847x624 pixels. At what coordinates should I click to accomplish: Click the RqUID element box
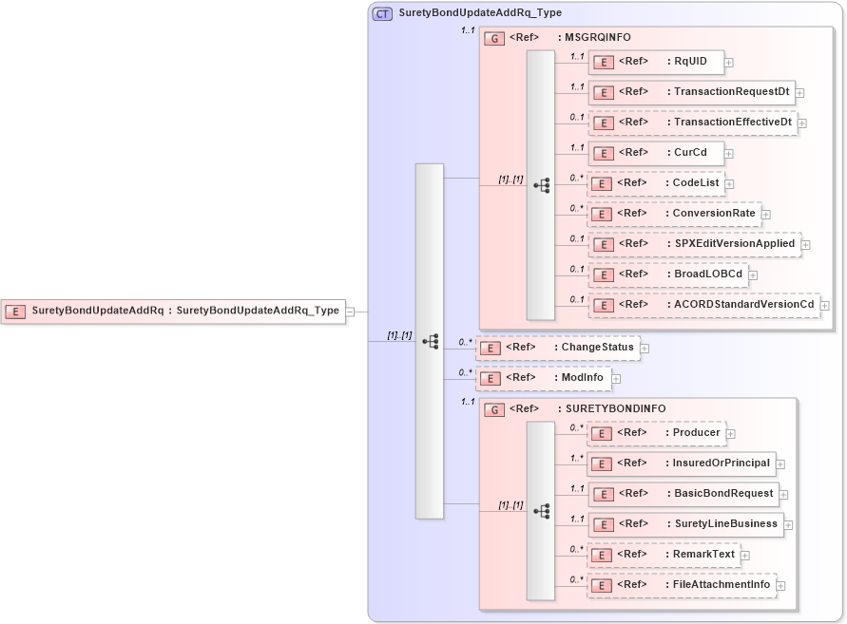[656, 62]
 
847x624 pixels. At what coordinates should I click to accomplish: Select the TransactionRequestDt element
[691, 92]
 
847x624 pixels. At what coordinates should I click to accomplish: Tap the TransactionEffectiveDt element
[692, 123]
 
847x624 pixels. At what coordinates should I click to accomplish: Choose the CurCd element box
[656, 153]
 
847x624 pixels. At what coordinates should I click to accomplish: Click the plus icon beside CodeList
[729, 183]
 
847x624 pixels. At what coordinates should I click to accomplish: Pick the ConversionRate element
[674, 214]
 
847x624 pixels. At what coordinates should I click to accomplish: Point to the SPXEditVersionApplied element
[694, 244]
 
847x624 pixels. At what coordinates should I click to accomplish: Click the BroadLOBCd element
[667, 274]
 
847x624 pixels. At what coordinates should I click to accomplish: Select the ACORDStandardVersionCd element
[703, 305]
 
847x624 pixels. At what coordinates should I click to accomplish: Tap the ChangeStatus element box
[557, 348]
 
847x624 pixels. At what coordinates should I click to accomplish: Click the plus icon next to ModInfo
[617, 379]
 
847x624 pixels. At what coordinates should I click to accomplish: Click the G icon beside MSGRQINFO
[494, 38]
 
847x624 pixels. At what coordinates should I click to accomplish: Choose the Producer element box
[656, 433]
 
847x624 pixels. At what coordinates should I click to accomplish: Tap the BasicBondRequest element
[683, 494]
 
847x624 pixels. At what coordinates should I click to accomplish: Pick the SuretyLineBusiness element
[684, 524]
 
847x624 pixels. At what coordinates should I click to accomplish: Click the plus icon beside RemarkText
[744, 556]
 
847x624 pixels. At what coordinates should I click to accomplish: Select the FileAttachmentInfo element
[681, 585]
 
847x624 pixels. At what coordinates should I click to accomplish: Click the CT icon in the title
[382, 13]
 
